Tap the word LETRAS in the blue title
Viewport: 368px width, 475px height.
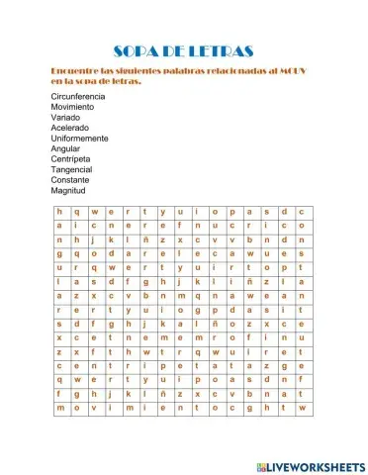[224, 50]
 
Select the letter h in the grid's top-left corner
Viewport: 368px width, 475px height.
[60, 212]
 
